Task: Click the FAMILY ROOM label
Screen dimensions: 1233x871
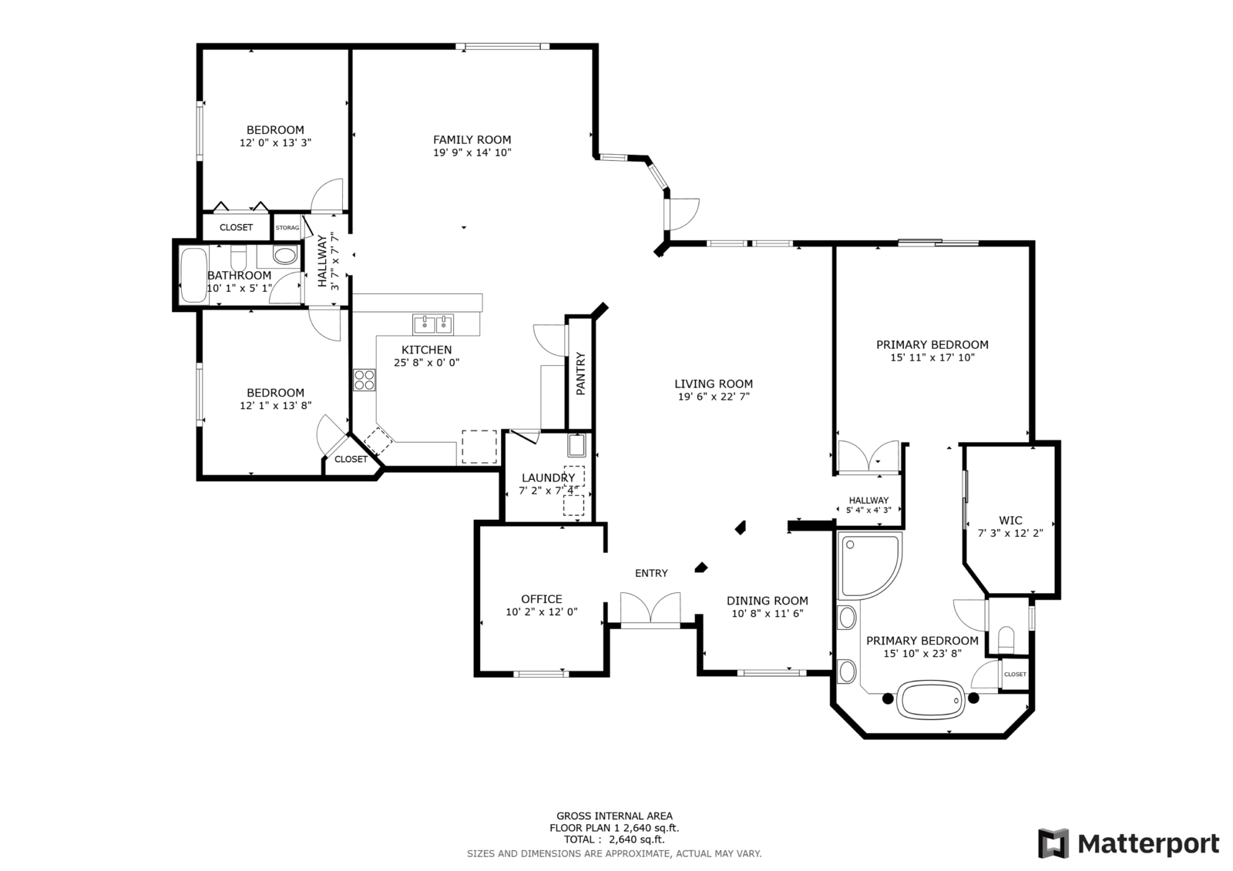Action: (x=472, y=139)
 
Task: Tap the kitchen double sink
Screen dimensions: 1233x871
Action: (x=432, y=325)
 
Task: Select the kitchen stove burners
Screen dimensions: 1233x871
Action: (x=364, y=380)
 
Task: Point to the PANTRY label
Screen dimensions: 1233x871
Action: (x=580, y=374)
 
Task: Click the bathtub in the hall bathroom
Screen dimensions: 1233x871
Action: (x=193, y=275)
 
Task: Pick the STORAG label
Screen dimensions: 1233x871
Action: (x=287, y=228)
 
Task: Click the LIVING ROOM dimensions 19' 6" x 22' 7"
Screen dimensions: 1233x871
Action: (x=714, y=397)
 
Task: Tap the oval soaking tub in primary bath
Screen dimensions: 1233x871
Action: (x=931, y=700)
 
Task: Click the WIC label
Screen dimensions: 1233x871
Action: (x=1010, y=520)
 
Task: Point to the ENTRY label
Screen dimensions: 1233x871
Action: (x=651, y=573)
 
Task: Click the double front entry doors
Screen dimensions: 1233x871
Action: (x=650, y=609)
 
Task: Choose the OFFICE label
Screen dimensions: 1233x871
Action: (x=542, y=598)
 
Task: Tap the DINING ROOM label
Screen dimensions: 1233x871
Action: (x=768, y=601)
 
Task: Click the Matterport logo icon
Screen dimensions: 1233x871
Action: (x=1053, y=843)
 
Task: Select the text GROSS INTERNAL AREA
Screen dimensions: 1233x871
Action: (x=614, y=816)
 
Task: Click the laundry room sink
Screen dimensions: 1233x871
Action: (x=577, y=446)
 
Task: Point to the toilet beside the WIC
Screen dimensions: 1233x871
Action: (x=1006, y=638)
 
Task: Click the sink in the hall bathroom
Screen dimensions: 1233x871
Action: (x=285, y=256)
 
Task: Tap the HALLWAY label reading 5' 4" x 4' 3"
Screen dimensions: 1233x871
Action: (x=868, y=505)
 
